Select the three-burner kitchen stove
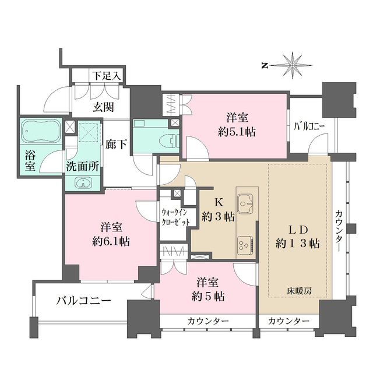(x=245, y=245)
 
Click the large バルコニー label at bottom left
(x=84, y=301)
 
